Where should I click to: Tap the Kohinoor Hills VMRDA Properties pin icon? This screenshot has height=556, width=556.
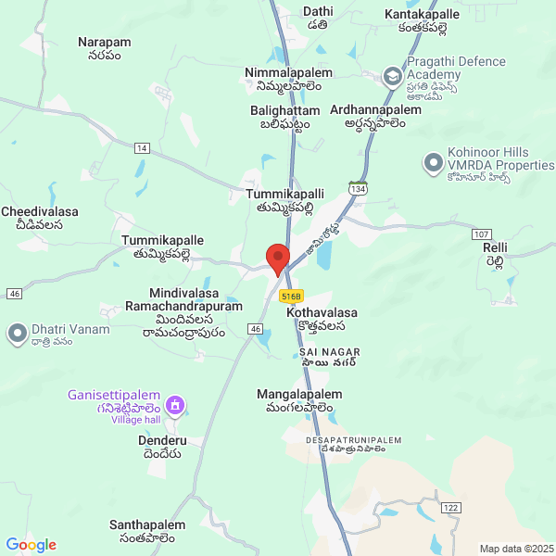coord(432,164)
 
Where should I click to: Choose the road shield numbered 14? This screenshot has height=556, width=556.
coord(141,148)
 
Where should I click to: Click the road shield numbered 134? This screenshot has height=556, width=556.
coord(358,189)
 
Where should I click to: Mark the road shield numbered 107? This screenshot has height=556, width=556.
coord(480,234)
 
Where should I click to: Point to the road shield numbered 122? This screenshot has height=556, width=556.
coord(450,508)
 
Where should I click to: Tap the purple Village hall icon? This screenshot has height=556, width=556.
coord(178,406)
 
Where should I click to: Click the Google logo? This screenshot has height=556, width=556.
coord(31,545)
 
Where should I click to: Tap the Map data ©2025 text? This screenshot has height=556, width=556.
coord(515,549)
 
